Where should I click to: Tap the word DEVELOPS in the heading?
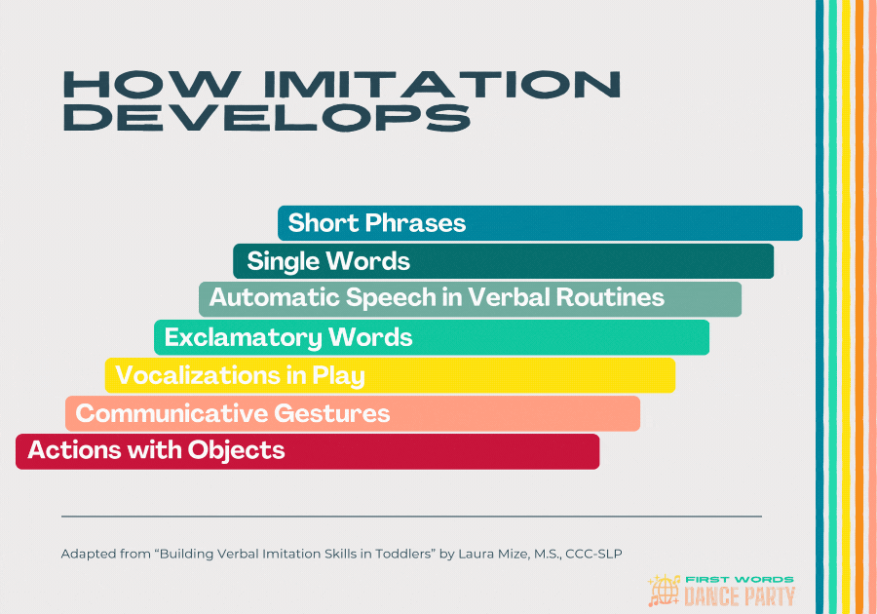click(265, 118)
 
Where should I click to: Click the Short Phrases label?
click(377, 223)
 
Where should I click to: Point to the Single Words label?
click(328, 261)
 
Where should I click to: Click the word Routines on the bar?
click(610, 297)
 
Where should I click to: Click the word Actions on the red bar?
click(69, 450)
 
